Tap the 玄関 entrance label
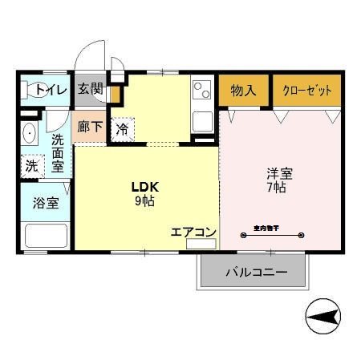pyautogui.click(x=90, y=89)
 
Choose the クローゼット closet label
pyautogui.click(x=306, y=90)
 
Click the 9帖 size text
pyautogui.click(x=145, y=201)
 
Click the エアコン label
pyautogui.click(x=193, y=232)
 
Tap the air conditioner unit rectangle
pyautogui.click(x=201, y=243)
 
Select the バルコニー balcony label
pyautogui.click(x=255, y=273)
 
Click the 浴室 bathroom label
pyautogui.click(x=46, y=202)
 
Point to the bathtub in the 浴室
pyautogui.click(x=46, y=236)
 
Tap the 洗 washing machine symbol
pyautogui.click(x=31, y=166)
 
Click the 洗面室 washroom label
pyautogui.click(x=58, y=152)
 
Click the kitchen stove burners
pyautogui.click(x=202, y=89)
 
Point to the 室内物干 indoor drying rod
pyautogui.click(x=272, y=235)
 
